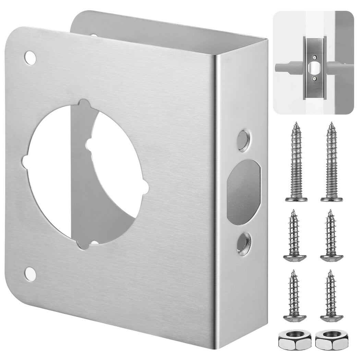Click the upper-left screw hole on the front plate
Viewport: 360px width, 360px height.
click(31, 57)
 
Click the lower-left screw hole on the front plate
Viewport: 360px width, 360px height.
click(31, 274)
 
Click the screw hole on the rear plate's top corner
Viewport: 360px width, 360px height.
click(93, 34)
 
